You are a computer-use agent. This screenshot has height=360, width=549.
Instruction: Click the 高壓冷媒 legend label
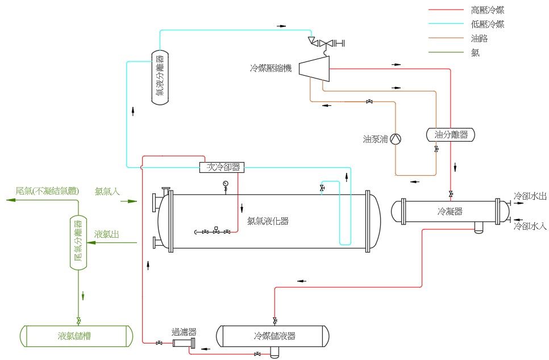488,10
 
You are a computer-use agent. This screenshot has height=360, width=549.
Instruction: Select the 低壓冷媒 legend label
488,24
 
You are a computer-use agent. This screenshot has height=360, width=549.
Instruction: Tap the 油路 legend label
479,39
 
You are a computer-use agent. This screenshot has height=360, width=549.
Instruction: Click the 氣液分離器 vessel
160,77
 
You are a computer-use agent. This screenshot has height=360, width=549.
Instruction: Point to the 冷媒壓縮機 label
271,68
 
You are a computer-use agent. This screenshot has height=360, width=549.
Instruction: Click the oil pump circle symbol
397,138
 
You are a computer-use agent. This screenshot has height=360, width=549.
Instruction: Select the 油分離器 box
451,135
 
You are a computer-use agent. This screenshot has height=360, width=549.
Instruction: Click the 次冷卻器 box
222,167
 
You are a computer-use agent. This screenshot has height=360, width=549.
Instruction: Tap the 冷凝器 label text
450,212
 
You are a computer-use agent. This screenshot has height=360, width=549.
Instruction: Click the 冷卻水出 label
530,196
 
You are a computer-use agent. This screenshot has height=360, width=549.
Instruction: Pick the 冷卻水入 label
530,226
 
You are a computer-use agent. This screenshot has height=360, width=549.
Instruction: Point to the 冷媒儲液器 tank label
274,336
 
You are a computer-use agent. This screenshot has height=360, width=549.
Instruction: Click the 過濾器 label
184,332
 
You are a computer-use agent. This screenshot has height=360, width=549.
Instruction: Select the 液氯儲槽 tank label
74,336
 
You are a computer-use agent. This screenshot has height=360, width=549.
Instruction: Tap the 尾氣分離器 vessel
78,242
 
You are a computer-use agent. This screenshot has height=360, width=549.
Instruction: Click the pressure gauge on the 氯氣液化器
226,184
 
